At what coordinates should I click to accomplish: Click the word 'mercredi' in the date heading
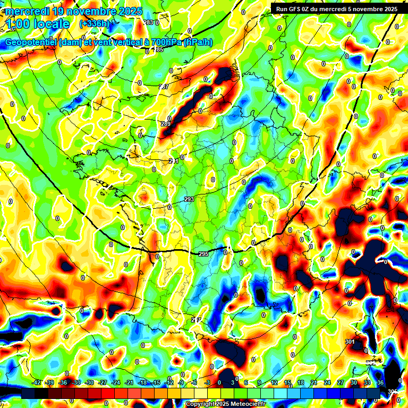click(28, 11)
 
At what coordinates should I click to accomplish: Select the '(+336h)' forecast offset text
click(94, 24)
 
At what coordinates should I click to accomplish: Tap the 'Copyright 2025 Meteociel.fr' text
click(225, 404)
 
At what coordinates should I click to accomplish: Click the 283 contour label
click(148, 22)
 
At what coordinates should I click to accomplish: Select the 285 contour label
click(158, 50)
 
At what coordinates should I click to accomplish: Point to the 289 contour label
click(166, 124)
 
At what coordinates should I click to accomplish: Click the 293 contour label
click(189, 199)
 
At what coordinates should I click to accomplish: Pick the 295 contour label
click(203, 254)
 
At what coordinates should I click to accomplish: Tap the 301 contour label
click(350, 341)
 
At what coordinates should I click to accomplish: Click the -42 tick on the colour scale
click(37, 382)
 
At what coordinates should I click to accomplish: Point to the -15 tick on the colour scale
click(156, 382)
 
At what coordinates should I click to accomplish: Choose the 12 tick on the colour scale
click(274, 382)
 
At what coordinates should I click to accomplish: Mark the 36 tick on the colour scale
click(380, 382)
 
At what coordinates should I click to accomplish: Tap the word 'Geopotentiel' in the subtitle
click(32, 42)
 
